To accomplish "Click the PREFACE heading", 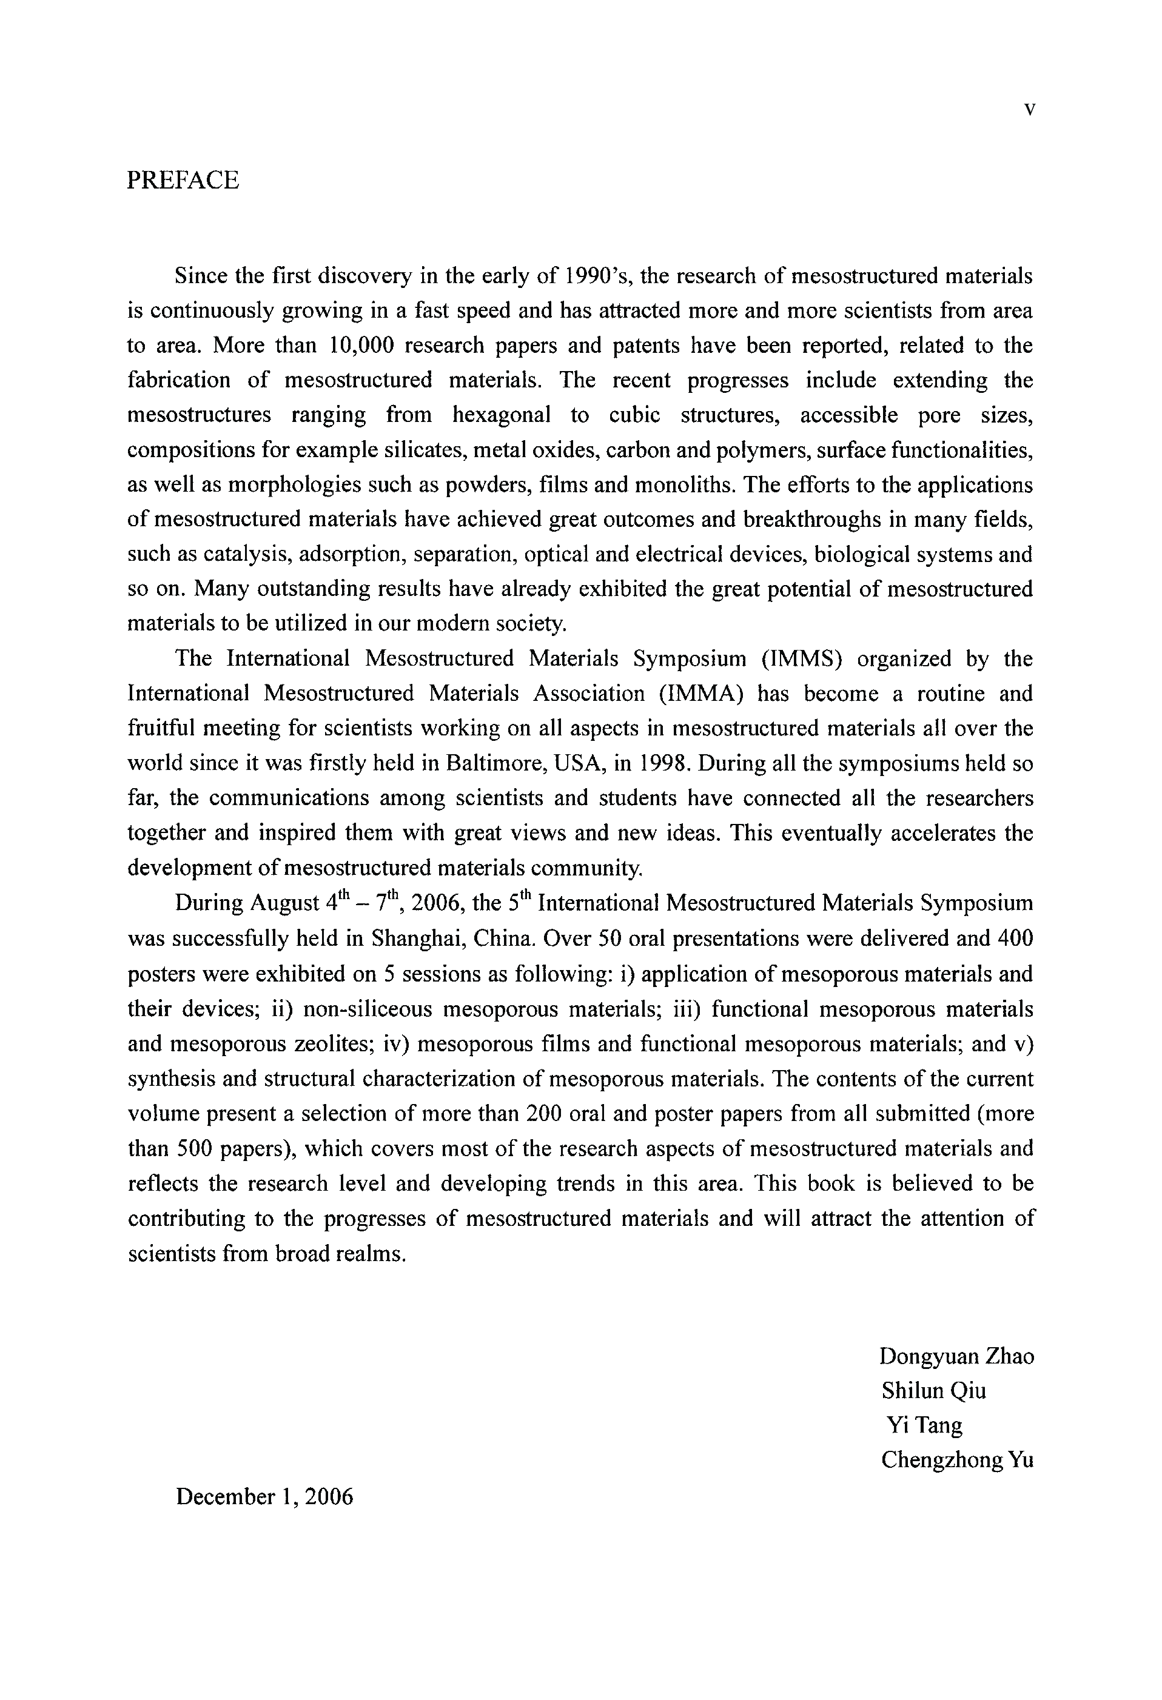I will tap(183, 180).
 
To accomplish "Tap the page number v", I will tap(1029, 110).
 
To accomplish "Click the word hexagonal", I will tap(501, 415).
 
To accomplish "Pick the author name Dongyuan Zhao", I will tap(956, 1356).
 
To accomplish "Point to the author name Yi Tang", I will tap(924, 1425).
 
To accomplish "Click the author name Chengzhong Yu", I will tap(957, 1460).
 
